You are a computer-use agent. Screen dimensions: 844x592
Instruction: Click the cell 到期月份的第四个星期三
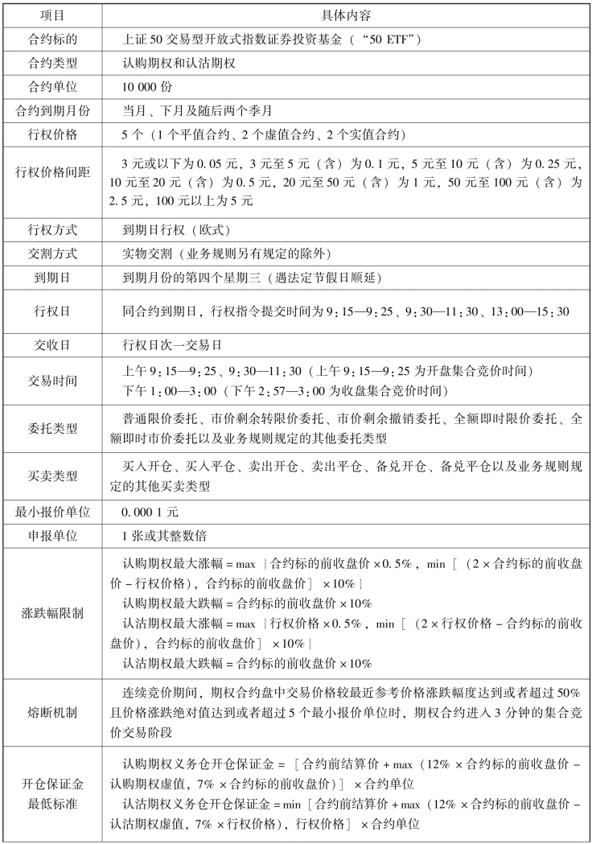(x=265, y=278)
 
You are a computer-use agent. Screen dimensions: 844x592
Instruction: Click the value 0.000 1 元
(x=150, y=512)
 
